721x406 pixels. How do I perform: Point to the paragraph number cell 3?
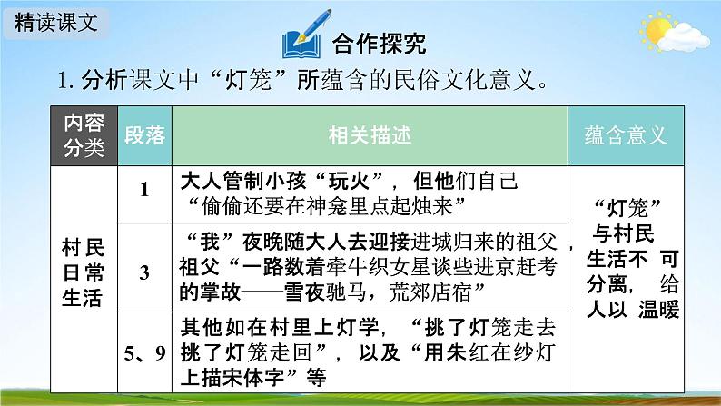pos(144,270)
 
